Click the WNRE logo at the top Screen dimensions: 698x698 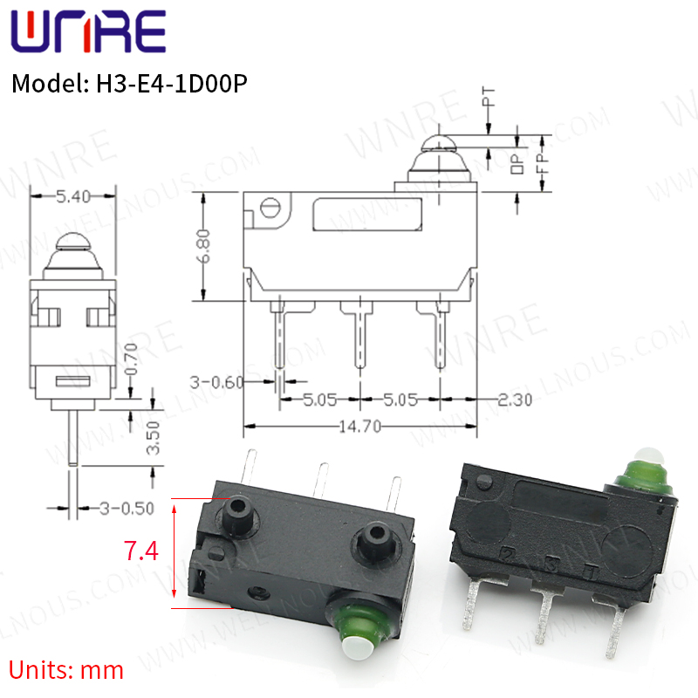[x=88, y=31]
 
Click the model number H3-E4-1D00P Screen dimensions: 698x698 [x=172, y=83]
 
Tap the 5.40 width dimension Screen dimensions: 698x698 [x=73, y=196]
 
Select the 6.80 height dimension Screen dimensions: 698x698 [x=204, y=247]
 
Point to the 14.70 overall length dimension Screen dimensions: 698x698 [x=359, y=427]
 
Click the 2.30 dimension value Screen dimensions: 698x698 [x=515, y=400]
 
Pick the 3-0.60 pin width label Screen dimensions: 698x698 [x=216, y=382]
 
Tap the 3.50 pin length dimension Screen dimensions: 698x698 [x=153, y=438]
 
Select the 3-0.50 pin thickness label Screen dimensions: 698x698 [x=127, y=509]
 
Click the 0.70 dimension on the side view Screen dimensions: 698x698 [x=131, y=359]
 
